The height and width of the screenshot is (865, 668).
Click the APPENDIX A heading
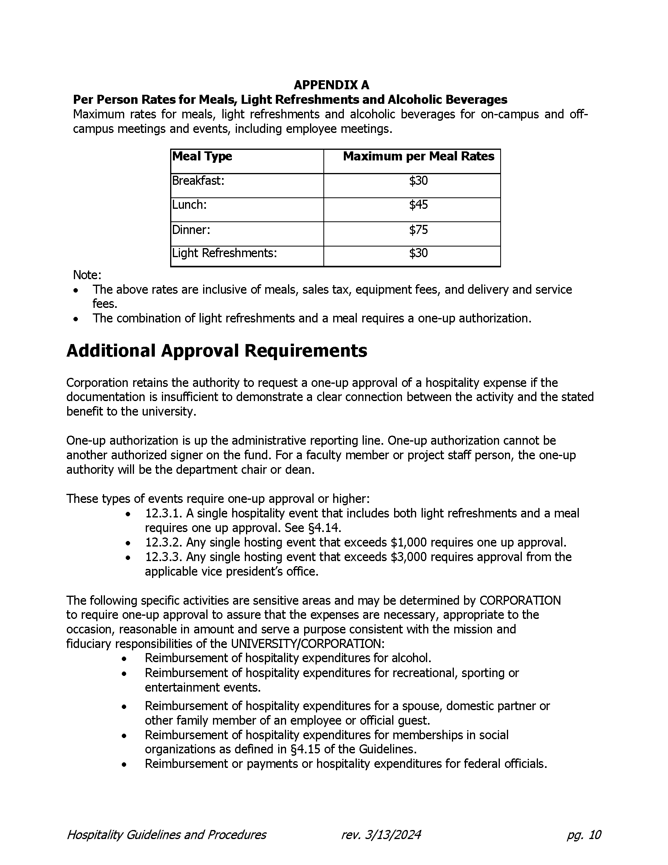pos(331,85)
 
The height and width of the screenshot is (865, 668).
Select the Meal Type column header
pos(202,156)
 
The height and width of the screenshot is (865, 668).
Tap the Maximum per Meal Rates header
pos(418,156)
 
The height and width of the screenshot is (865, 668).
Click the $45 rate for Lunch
pos(418,205)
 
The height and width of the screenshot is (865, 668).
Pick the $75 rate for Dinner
pos(418,230)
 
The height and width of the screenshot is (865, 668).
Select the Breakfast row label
pos(198,181)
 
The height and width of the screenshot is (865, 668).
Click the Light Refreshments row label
pos(224,253)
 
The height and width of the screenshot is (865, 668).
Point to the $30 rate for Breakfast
pos(418,181)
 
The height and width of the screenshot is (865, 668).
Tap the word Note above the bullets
pos(87,275)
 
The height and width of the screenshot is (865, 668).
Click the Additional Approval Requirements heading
pos(217,351)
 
